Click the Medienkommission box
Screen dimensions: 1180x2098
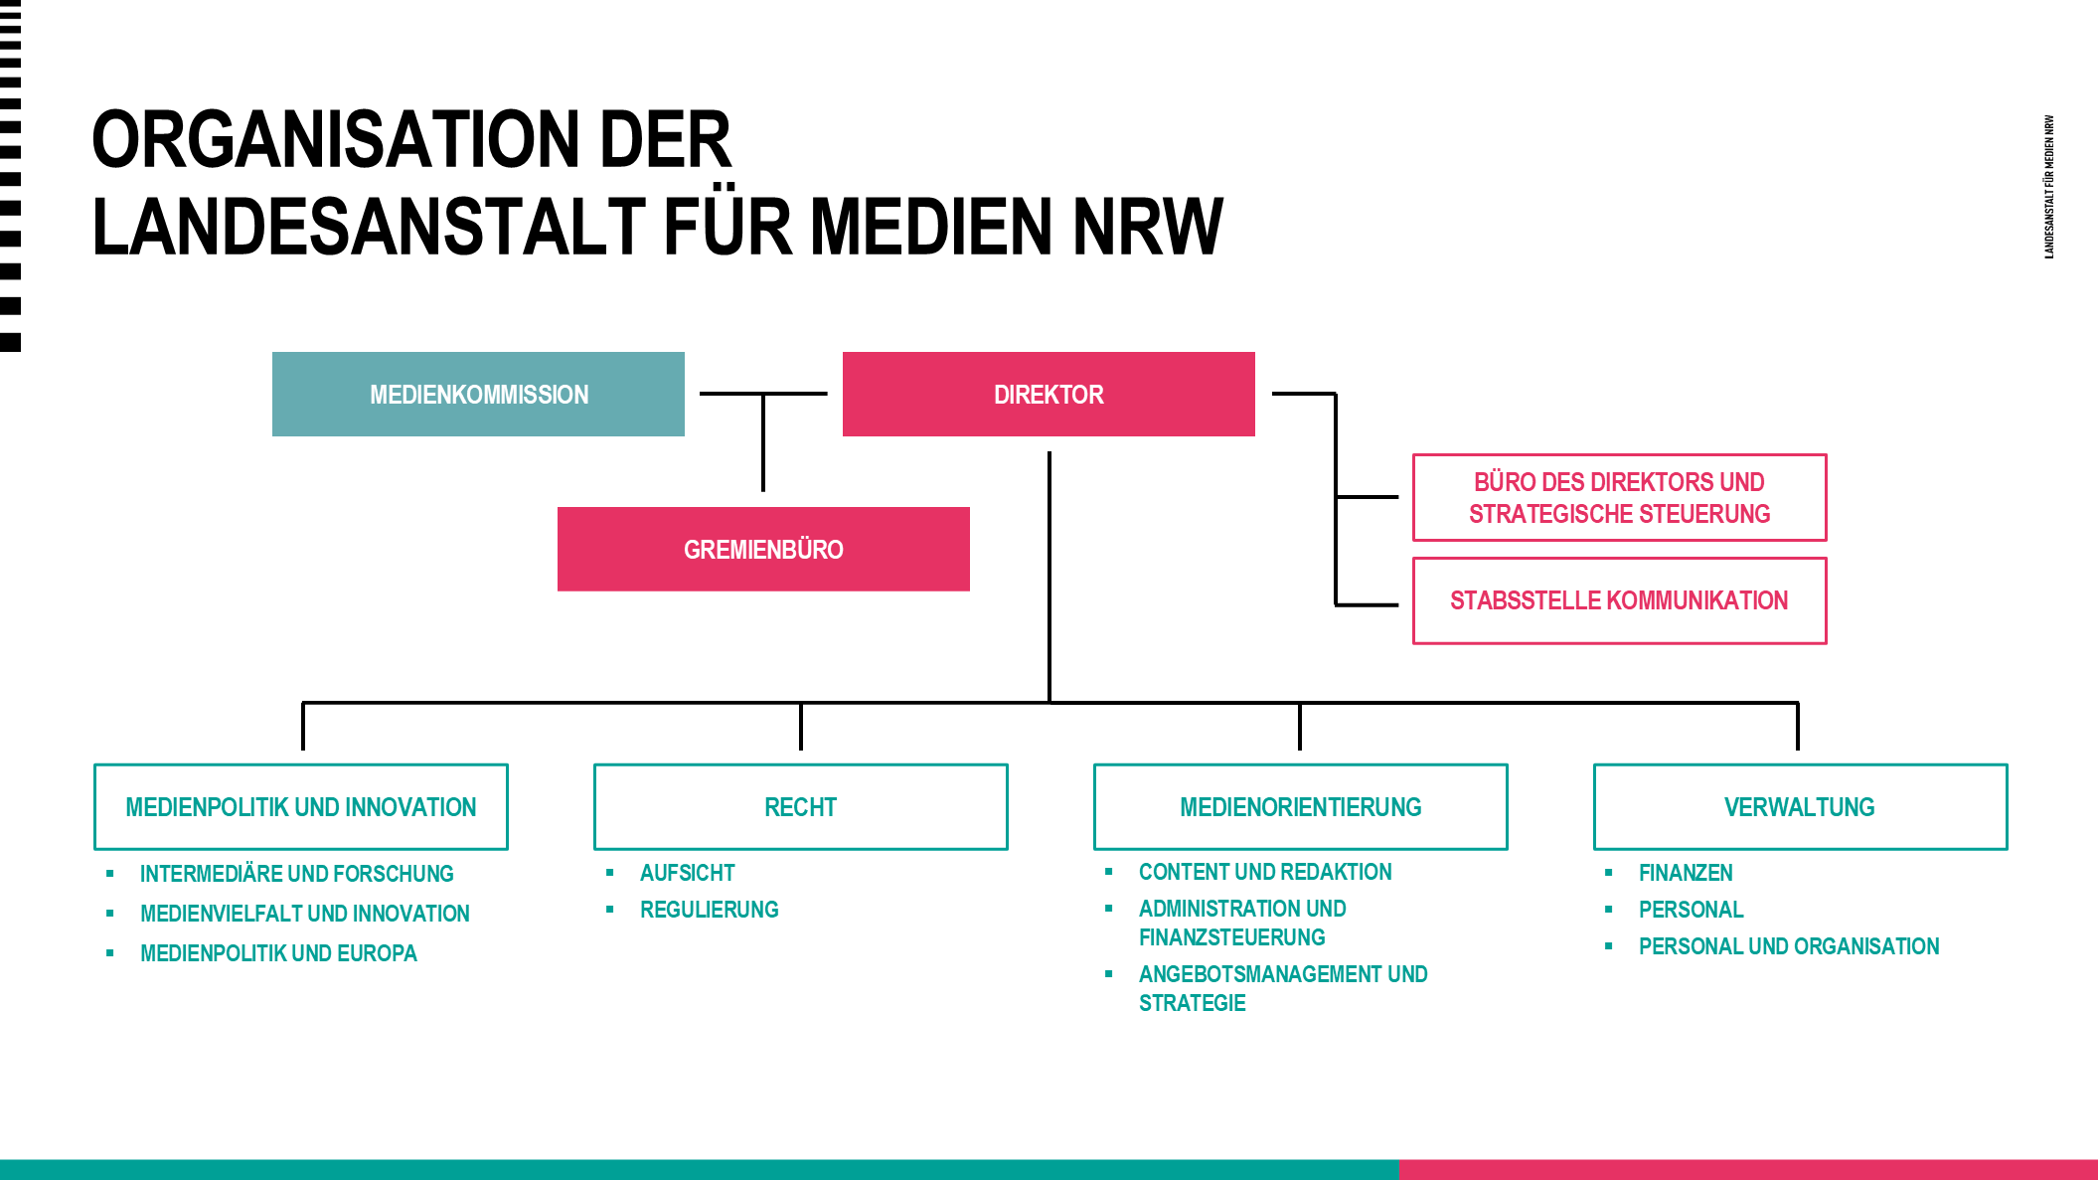point(478,395)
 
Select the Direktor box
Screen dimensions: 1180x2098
point(1049,395)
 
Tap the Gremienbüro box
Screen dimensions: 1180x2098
point(763,550)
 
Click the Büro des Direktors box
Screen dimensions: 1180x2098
point(1619,498)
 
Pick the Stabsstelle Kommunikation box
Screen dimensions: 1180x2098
point(1619,601)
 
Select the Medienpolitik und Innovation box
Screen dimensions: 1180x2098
point(301,807)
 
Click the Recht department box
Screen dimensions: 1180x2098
point(800,807)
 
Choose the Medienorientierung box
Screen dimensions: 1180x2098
point(1300,807)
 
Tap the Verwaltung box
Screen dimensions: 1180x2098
point(1800,807)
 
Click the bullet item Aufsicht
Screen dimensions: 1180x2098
point(687,873)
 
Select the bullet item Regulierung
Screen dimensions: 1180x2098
point(709,910)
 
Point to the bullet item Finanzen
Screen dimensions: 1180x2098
point(1686,873)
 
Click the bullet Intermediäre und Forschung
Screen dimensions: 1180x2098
point(296,874)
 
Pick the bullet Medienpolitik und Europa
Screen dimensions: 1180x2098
point(278,953)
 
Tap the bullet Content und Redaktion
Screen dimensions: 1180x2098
point(1265,872)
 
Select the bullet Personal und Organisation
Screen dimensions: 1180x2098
point(1789,946)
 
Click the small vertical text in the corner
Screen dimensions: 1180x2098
point(2049,187)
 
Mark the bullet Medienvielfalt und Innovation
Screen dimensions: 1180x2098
point(304,914)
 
